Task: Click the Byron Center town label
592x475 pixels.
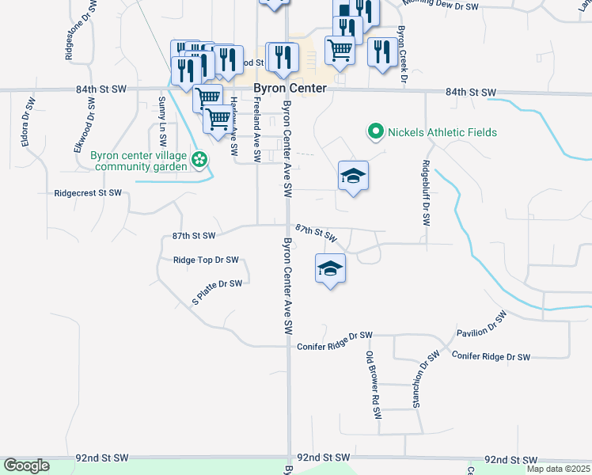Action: click(x=290, y=89)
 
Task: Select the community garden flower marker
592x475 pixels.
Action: click(x=200, y=161)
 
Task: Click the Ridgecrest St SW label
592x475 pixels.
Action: click(x=88, y=193)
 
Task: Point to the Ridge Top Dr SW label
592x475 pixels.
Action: click(x=206, y=260)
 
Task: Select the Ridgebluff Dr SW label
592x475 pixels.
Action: click(x=426, y=193)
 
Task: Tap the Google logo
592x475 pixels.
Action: click(x=26, y=465)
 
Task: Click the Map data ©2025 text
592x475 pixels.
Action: click(x=558, y=469)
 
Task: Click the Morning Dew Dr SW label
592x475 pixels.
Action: click(x=440, y=6)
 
